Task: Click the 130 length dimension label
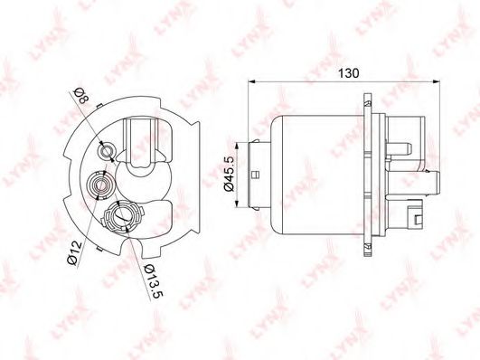coord(348,73)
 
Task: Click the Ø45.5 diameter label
coord(230,173)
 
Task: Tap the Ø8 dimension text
coord(81,95)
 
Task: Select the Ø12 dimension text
coord(74,252)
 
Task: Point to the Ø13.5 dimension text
coord(154,281)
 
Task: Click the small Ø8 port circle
coord(107,151)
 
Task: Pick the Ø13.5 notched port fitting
coord(122,216)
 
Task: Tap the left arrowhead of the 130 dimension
coord(251,81)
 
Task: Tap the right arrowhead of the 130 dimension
coord(437,81)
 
